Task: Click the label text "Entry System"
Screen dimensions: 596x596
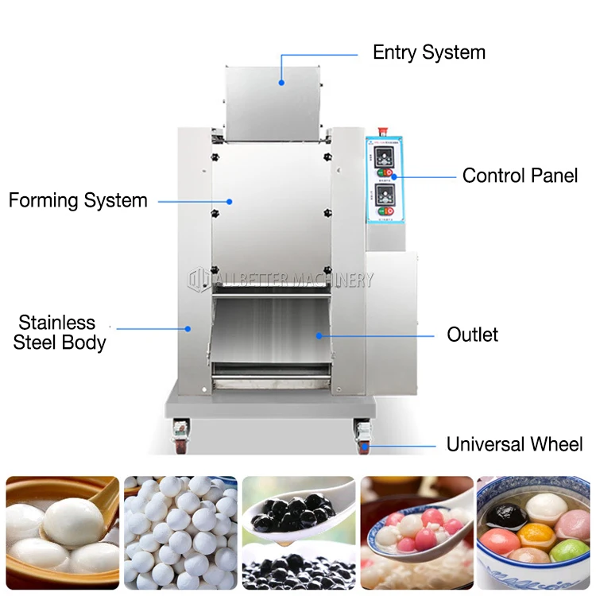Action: [429, 53]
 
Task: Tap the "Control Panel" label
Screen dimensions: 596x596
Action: [520, 176]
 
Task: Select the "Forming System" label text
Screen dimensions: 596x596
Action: [78, 200]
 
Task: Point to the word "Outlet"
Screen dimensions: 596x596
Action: [472, 335]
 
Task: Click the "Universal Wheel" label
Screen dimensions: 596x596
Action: [514, 444]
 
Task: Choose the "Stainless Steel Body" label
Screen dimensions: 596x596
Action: [60, 333]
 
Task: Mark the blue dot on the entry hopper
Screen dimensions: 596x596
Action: [281, 80]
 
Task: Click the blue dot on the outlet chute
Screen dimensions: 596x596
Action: [319, 335]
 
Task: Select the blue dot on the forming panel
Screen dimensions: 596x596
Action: [230, 201]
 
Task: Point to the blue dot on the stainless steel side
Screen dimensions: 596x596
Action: [188, 327]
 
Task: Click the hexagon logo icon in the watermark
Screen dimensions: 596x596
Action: [196, 280]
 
